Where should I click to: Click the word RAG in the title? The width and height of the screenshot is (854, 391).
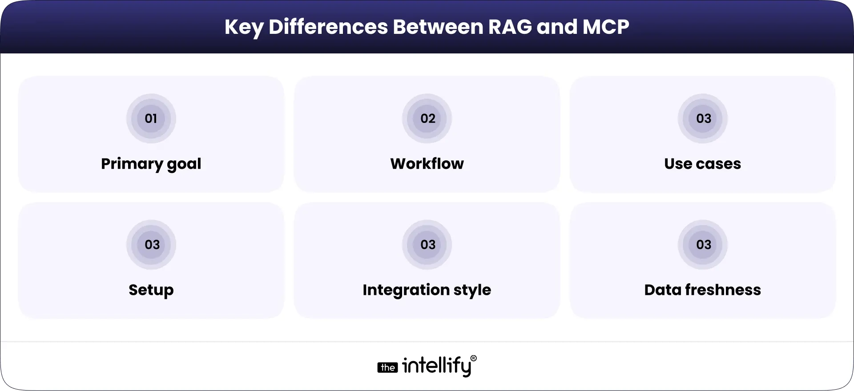coord(510,27)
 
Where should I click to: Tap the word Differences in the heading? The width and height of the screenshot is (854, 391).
coord(328,27)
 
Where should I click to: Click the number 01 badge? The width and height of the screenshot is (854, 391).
coord(151,118)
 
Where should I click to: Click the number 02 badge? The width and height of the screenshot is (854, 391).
coord(427,118)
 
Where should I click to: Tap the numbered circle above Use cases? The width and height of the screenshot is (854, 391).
coord(703,118)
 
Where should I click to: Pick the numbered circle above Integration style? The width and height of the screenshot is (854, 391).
coord(427,244)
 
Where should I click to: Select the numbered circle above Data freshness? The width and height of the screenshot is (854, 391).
coord(703,244)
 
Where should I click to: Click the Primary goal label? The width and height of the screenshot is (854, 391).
coord(151,164)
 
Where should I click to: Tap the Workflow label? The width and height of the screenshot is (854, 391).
coord(427,163)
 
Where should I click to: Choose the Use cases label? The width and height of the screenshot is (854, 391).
coord(702,163)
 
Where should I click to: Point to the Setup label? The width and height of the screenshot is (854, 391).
coord(151,290)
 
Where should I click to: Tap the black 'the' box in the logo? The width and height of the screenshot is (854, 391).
coord(387,367)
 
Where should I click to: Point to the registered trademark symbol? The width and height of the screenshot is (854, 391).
coord(473,358)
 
